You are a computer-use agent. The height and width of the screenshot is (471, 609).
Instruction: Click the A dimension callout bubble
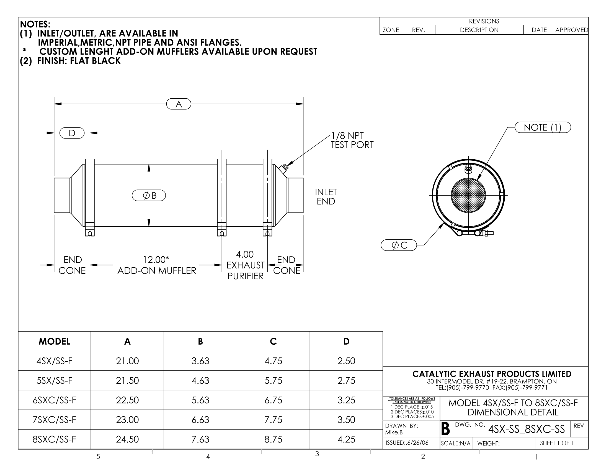pyautogui.click(x=179, y=104)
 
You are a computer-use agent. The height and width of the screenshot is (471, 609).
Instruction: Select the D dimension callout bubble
pyautogui.click(x=72, y=133)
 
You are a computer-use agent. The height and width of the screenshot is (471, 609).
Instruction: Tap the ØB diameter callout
pyautogui.click(x=149, y=195)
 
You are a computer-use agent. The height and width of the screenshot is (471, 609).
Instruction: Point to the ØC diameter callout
pyautogui.click(x=399, y=245)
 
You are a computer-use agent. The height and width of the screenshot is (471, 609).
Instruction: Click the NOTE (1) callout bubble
pyautogui.click(x=543, y=127)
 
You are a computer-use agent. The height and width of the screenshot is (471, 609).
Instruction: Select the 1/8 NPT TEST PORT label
pyautogui.click(x=352, y=140)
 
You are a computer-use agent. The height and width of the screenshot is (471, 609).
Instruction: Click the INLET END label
pyautogui.click(x=326, y=197)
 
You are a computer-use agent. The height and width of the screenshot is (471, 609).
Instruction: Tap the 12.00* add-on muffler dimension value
pyautogui.click(x=156, y=260)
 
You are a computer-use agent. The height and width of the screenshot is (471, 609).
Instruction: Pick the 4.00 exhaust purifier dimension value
pyautogui.click(x=245, y=254)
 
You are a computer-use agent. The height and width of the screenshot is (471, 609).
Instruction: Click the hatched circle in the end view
pyautogui.click(x=468, y=195)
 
